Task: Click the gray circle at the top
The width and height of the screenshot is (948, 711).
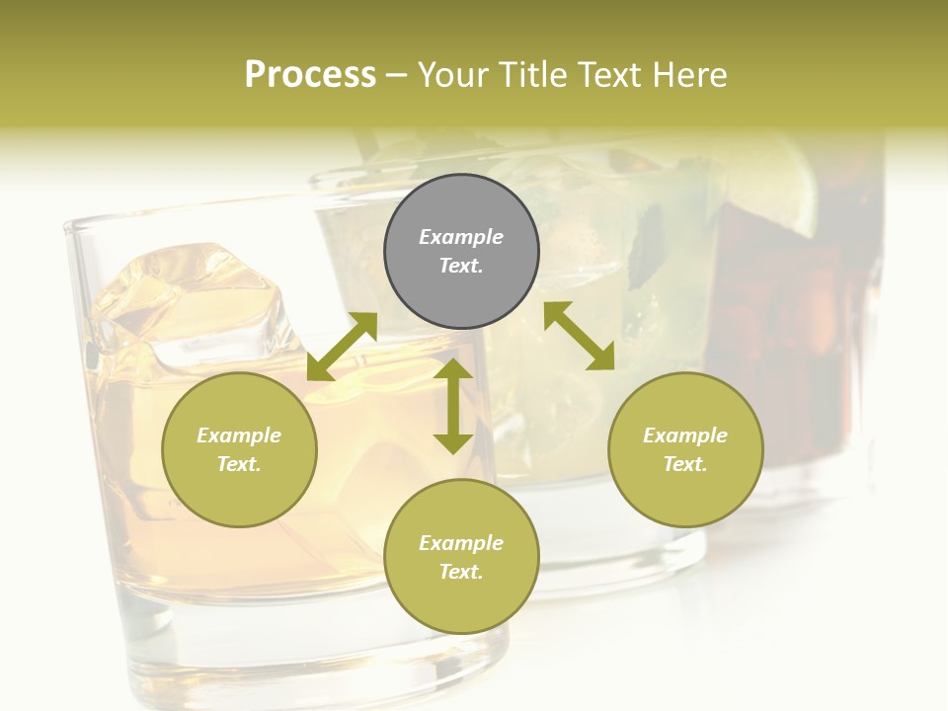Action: [x=461, y=251]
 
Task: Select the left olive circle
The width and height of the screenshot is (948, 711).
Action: [x=239, y=449]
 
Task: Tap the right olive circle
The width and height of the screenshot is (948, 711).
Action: [x=685, y=449]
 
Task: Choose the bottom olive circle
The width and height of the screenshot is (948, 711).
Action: [x=461, y=557]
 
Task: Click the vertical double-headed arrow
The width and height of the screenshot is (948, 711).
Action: [x=453, y=406]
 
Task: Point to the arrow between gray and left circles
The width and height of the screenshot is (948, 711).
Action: [x=342, y=347]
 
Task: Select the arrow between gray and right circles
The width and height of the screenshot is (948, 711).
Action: [x=580, y=336]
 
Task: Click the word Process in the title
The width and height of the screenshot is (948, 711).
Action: [x=310, y=74]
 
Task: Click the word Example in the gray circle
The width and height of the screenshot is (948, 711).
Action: [x=461, y=237]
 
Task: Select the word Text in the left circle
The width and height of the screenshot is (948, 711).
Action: [x=239, y=464]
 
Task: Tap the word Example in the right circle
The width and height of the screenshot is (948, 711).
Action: [x=685, y=435]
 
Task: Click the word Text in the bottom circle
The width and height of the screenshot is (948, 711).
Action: [x=461, y=572]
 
